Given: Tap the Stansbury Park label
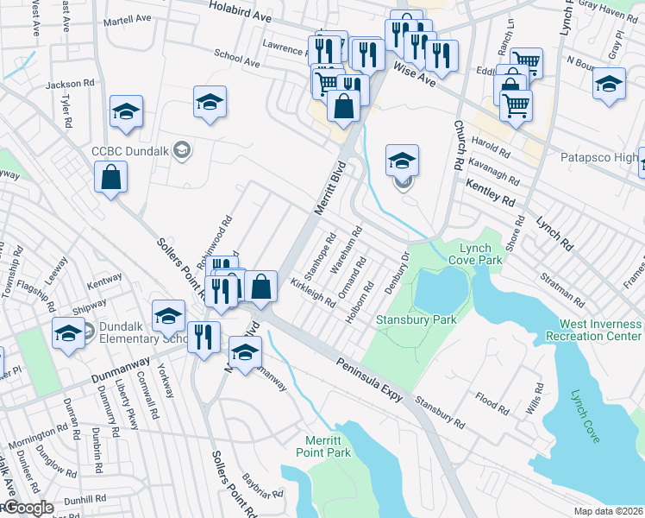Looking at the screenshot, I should pos(416,320).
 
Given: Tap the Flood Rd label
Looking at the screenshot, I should pos(492,402).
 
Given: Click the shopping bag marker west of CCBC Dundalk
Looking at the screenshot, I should pos(112,179).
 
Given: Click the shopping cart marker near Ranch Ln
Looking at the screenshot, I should pos(525,63).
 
